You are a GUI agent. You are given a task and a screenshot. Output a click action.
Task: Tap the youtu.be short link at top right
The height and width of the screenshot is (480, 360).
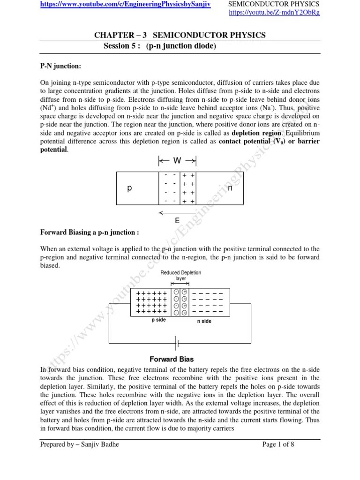coord(274,13)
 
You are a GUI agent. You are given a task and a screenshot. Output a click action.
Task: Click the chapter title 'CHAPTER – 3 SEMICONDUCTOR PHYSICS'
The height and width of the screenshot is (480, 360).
coord(180,35)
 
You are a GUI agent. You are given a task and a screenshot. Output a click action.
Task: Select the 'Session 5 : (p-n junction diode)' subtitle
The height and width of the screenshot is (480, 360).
coord(159,46)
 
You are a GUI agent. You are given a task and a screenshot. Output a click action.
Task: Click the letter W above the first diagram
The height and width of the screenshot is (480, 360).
coord(177,161)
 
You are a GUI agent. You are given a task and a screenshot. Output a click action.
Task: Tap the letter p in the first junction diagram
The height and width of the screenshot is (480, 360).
coord(130,188)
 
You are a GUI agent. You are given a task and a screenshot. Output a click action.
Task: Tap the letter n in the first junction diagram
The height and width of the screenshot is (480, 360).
coord(230,188)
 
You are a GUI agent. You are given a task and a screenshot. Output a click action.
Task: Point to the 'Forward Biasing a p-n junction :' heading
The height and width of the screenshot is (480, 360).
coord(90,233)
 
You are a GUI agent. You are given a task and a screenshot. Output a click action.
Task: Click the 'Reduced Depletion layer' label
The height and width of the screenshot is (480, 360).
coord(180,275)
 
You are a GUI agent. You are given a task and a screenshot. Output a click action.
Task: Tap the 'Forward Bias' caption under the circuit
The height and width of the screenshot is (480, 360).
coord(172,360)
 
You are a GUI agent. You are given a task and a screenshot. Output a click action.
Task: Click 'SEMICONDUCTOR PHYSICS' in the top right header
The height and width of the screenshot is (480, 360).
coord(274,4)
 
